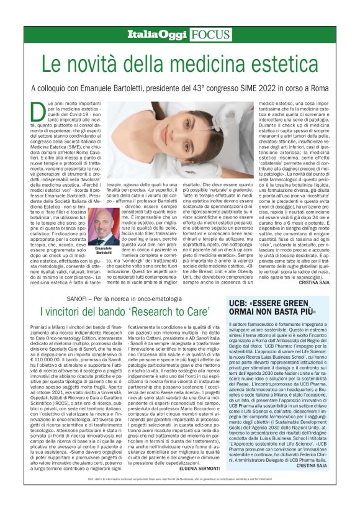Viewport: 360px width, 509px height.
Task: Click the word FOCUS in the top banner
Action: pos(210,35)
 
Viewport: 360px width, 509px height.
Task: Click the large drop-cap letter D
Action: pos(35,108)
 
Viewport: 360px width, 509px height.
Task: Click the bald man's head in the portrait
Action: pos(103,217)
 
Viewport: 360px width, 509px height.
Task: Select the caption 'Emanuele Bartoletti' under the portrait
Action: pos(104,251)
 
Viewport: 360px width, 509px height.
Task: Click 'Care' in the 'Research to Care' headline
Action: pos(204,311)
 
